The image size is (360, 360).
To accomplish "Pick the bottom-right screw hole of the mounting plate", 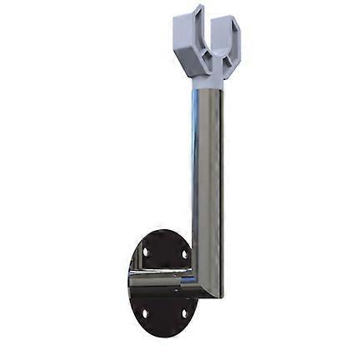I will tap(184, 314).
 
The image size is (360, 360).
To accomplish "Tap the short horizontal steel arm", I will tap(162, 282).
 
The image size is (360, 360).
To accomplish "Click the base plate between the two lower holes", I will tap(164, 315).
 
